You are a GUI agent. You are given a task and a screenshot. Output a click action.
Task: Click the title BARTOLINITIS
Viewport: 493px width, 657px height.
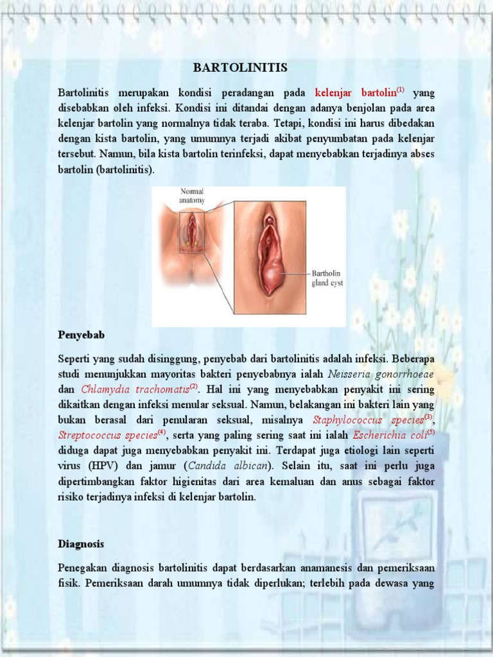(x=241, y=68)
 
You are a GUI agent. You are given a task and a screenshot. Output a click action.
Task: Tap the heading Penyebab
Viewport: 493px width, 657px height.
(x=81, y=335)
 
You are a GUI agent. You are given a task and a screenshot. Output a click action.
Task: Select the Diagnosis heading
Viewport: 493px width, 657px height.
(x=81, y=543)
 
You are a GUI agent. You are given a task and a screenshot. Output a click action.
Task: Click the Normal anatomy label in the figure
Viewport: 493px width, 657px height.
(x=192, y=196)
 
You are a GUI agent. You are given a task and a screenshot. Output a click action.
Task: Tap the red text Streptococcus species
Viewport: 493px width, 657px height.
(x=107, y=436)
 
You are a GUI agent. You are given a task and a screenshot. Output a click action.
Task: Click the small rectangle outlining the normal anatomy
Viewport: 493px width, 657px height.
(x=191, y=232)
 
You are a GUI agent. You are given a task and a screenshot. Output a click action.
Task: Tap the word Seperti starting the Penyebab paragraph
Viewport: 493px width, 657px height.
(x=74, y=359)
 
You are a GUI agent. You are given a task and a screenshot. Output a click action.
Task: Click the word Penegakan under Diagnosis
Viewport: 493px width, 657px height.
(x=82, y=569)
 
